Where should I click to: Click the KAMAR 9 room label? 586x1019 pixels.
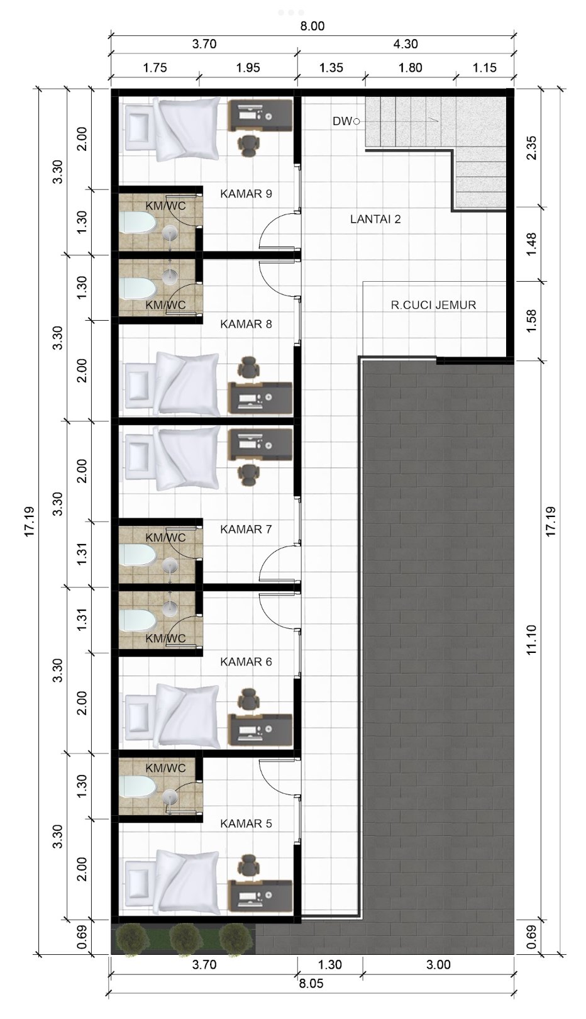(246, 194)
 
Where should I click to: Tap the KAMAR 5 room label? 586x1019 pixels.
(246, 823)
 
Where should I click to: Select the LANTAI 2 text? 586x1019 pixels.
(375, 219)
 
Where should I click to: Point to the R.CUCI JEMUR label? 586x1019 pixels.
(433, 305)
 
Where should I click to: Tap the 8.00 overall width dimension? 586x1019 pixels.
(312, 26)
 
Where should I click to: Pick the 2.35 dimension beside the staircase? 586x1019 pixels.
(533, 148)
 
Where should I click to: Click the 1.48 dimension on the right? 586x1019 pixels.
(533, 244)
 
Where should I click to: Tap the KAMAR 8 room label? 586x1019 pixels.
(246, 324)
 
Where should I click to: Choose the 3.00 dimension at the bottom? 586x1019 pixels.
(438, 965)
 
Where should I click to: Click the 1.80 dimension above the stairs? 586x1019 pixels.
(411, 68)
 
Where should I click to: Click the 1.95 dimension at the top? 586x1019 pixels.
(248, 68)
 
